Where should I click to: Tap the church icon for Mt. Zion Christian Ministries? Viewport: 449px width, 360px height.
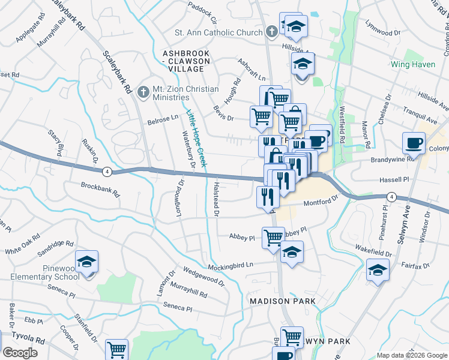(x=143, y=92)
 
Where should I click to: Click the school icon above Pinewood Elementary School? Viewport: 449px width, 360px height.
(x=87, y=262)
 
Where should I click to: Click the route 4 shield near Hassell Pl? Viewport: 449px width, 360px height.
(x=391, y=196)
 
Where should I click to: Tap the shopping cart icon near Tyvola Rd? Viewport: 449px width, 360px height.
(x=116, y=349)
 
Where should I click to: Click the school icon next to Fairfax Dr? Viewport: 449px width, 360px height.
(x=378, y=271)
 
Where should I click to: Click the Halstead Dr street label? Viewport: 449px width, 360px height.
(x=215, y=197)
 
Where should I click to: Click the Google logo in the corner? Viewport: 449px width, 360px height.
(x=20, y=353)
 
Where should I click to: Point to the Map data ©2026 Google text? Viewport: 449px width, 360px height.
(x=411, y=355)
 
